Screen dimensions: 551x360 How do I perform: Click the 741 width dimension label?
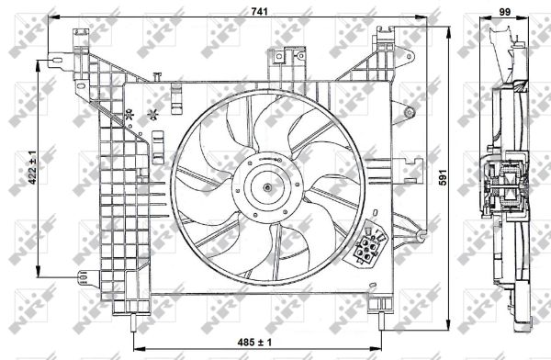tap(259, 12)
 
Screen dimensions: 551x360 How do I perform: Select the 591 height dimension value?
tap(444, 177)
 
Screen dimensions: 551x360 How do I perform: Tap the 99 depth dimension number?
tap(504, 12)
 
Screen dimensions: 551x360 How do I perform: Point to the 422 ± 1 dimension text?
tap(32, 167)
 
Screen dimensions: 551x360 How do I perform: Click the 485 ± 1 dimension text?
tap(254, 342)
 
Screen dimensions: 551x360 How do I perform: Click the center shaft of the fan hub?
tap(267, 188)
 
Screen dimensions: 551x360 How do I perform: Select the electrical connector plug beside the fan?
tap(367, 245)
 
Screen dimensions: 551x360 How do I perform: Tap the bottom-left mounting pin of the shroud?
tap(133, 321)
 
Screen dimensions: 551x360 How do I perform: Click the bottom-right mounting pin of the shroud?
tap(381, 321)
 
